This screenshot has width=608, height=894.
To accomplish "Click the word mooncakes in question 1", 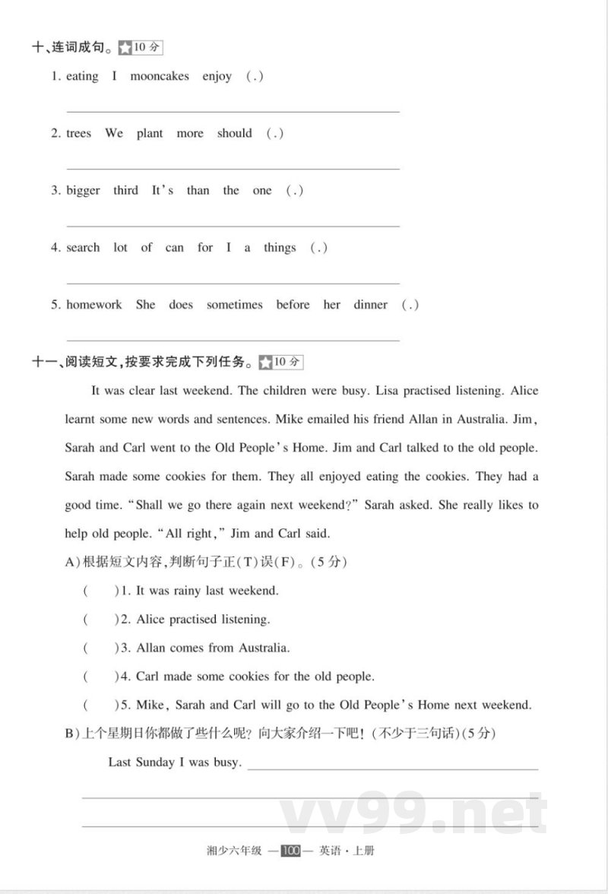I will pos(160,76).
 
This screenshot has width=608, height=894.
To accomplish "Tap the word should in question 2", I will pos(234,133).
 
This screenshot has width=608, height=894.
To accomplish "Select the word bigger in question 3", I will pos(83,191).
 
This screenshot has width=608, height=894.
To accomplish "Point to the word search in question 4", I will pos(83,248).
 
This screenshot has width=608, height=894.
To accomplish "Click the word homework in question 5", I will pos(93,305).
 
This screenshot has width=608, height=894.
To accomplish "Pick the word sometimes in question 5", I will pos(234,305).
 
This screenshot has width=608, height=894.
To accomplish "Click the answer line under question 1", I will pos(233,112).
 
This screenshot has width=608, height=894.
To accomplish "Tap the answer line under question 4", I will pos(233,283).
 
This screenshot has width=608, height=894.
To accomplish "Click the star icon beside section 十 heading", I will pos(125,48).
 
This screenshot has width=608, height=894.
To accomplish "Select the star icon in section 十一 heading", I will pos(265,363).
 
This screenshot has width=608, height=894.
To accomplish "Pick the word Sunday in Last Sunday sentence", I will pos(155,762).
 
